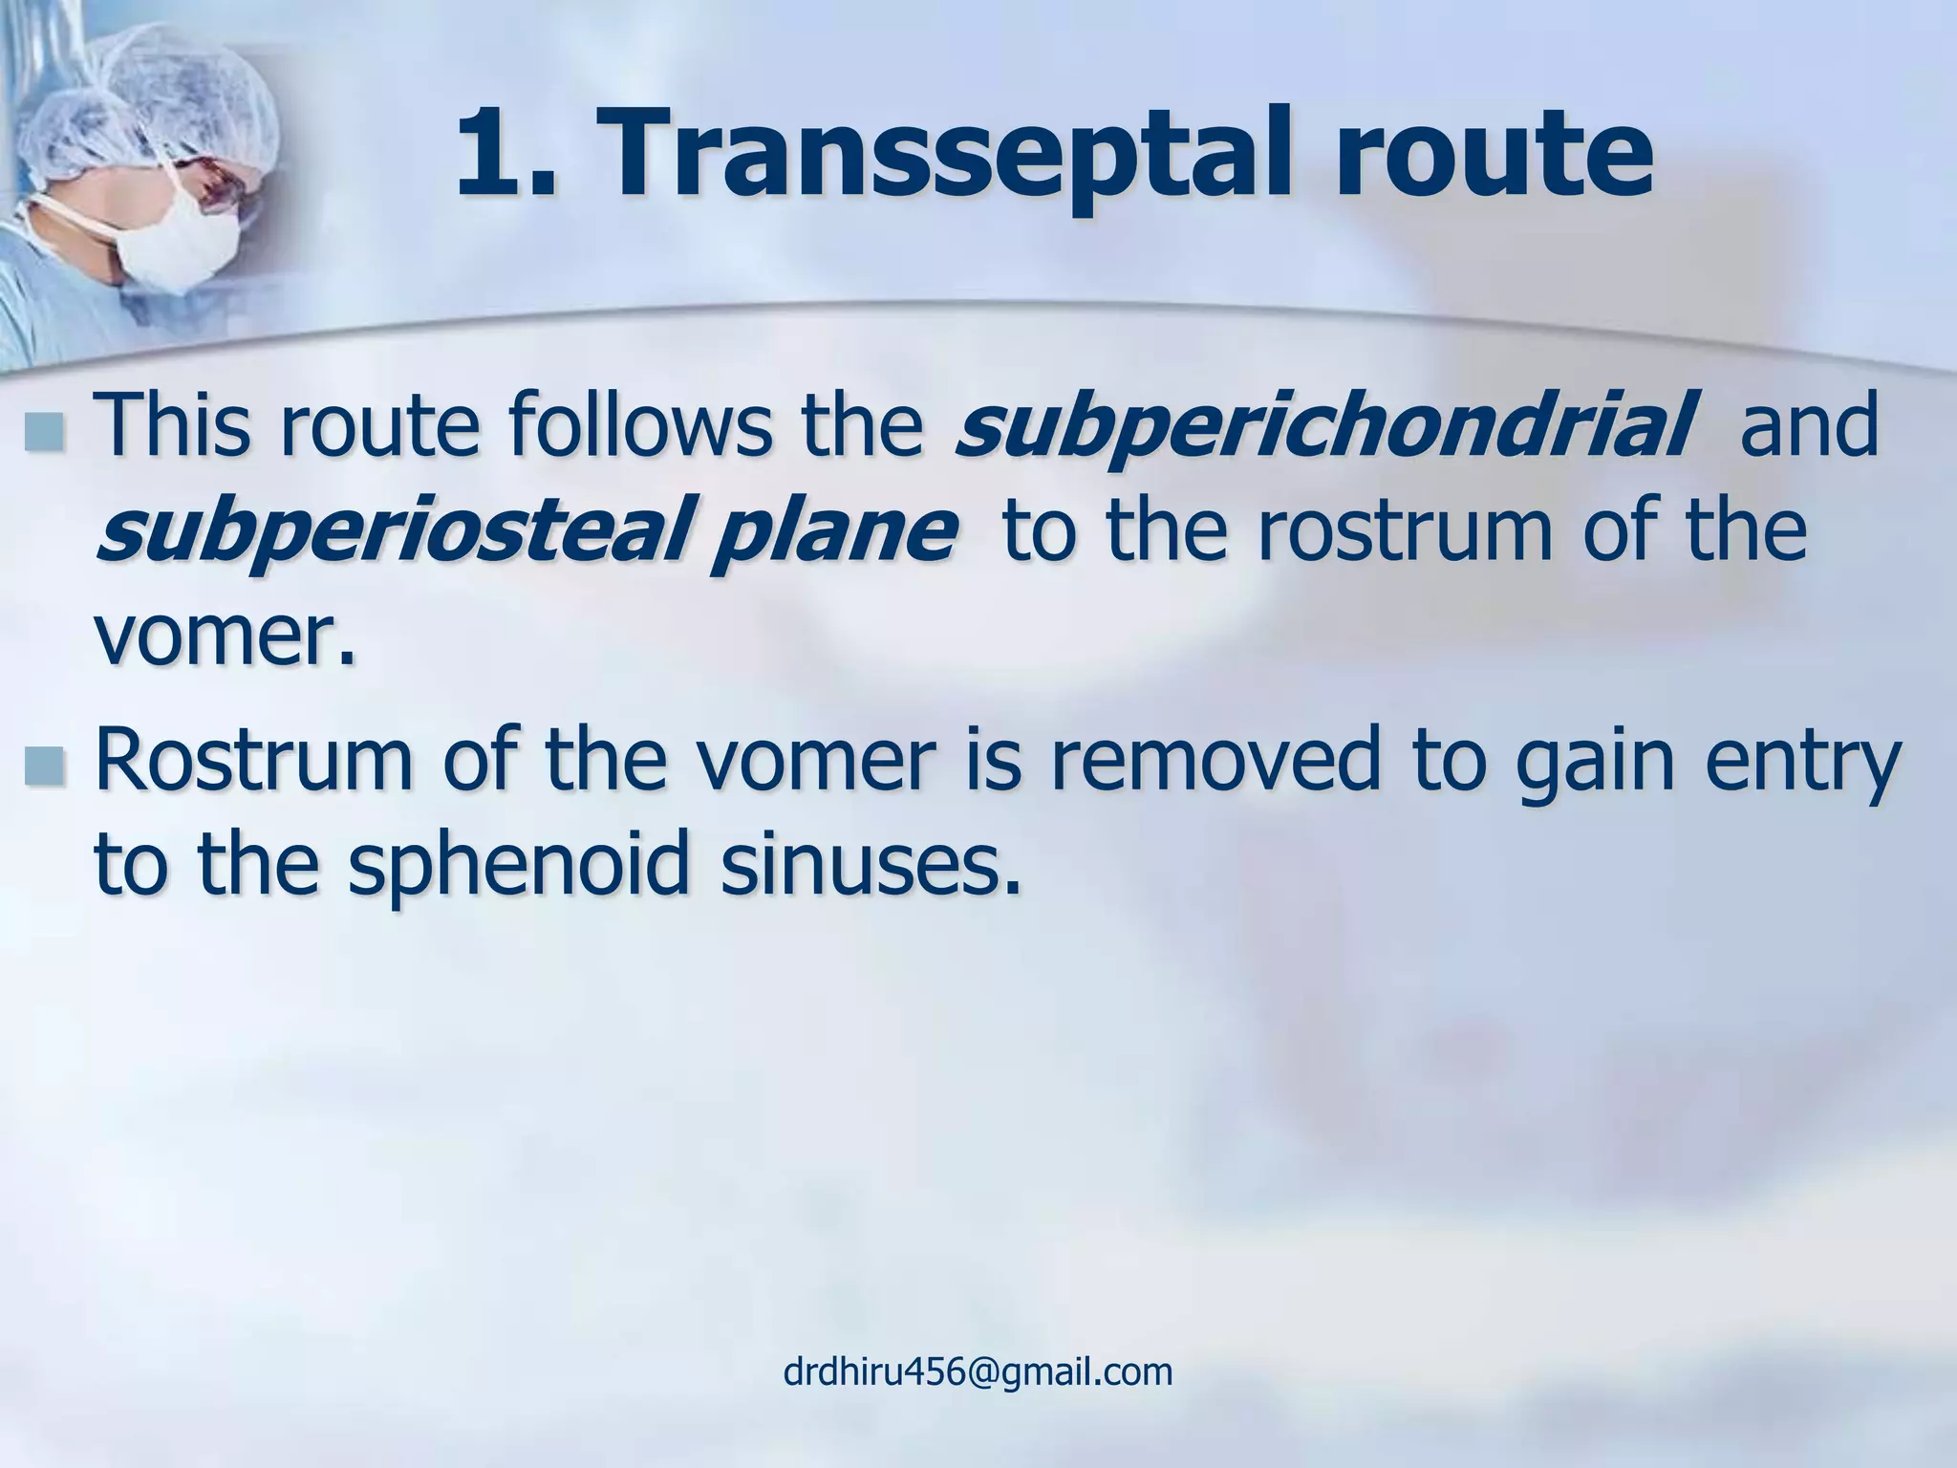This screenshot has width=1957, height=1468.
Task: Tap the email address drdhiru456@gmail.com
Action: pos(978,1371)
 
